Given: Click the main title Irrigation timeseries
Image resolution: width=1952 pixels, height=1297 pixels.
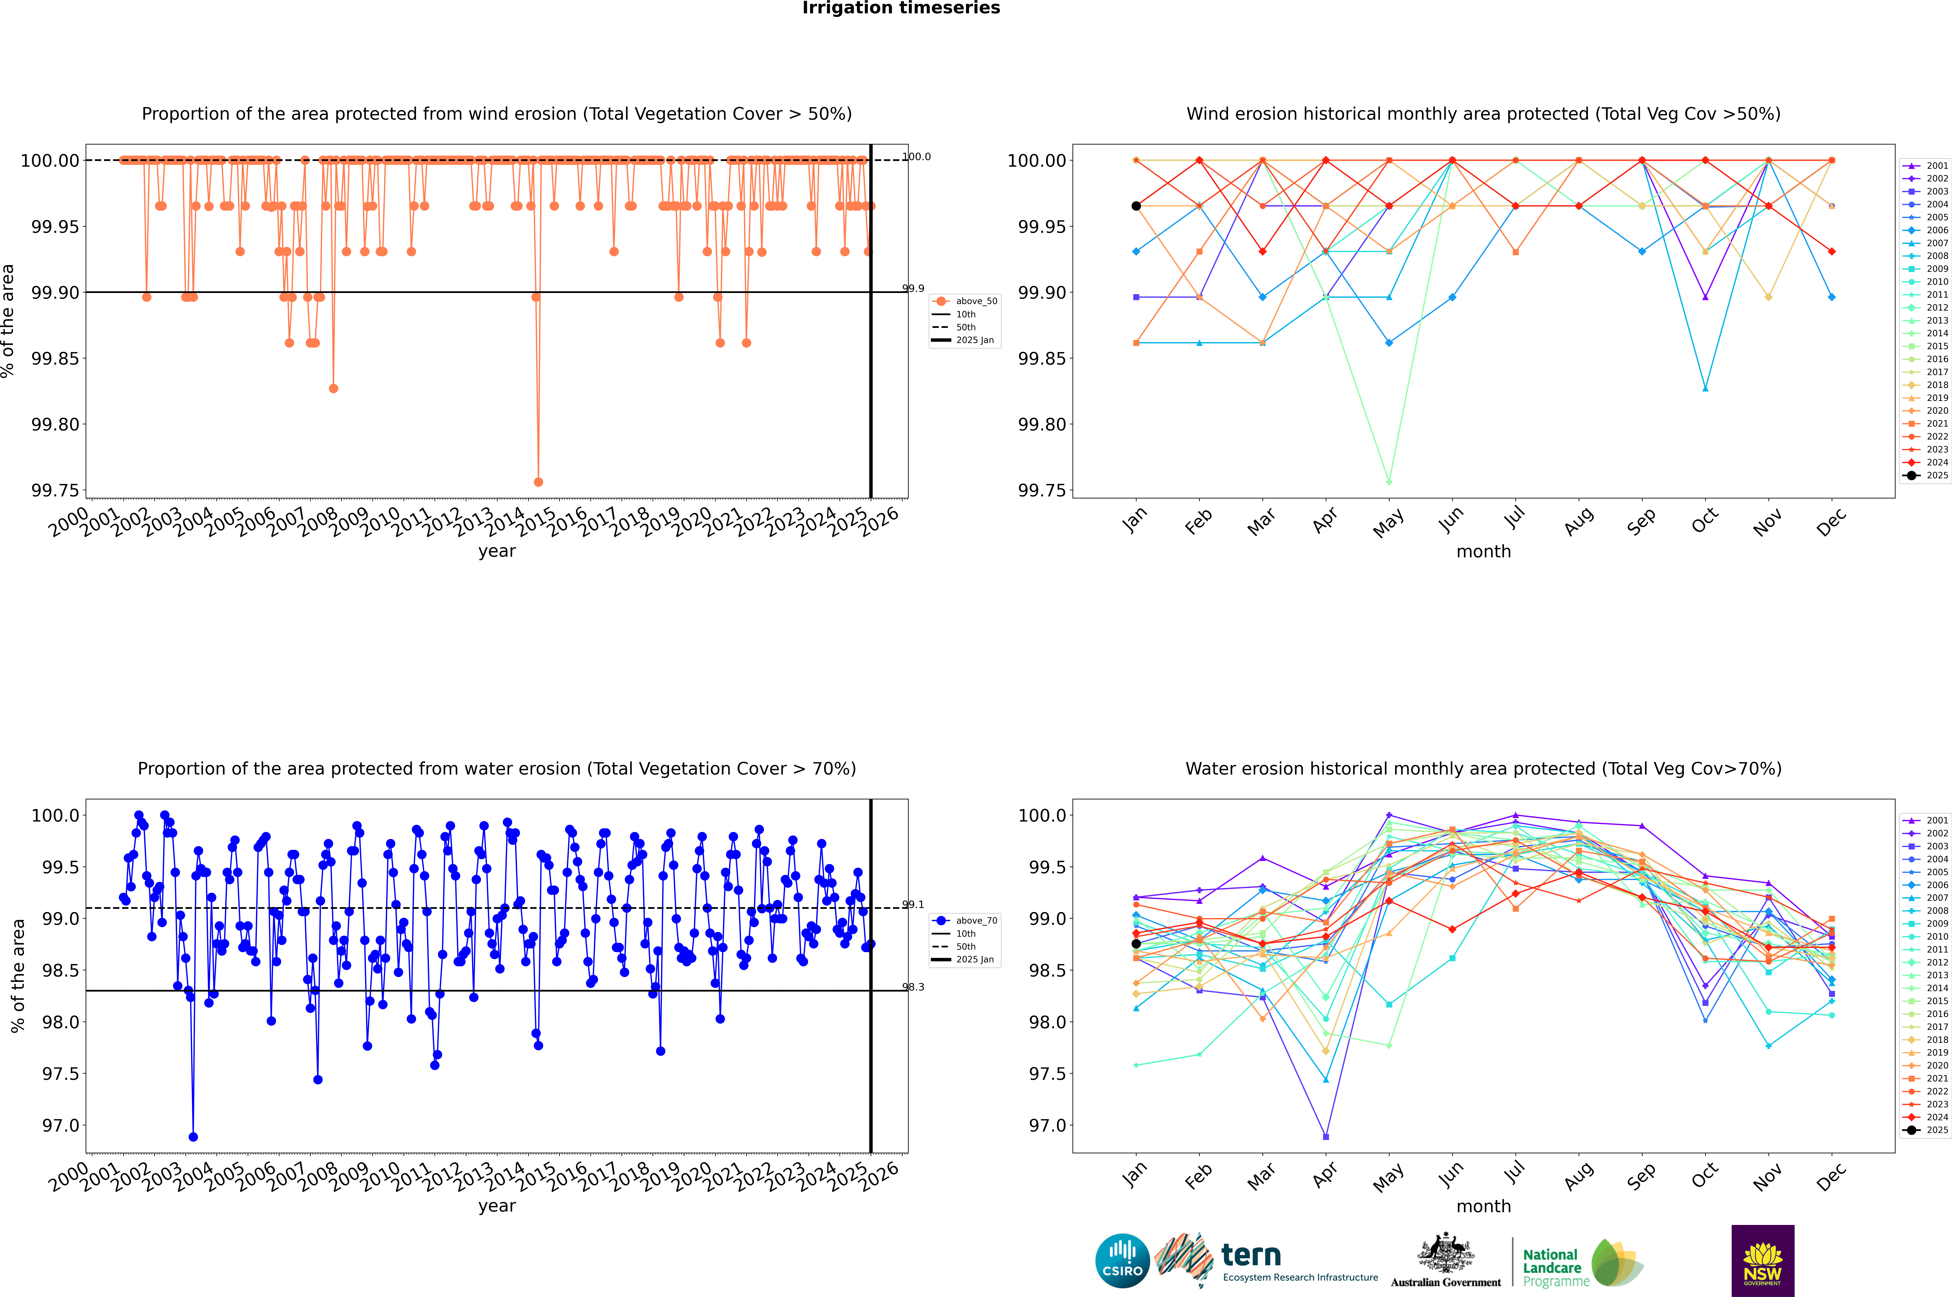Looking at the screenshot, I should pos(901,8).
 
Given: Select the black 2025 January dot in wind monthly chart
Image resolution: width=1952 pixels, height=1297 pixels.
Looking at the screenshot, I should pos(1136,206).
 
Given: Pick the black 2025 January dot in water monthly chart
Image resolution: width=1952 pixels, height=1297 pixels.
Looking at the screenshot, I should pos(1136,944).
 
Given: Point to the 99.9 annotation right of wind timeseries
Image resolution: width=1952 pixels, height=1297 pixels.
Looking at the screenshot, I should pos(914,289).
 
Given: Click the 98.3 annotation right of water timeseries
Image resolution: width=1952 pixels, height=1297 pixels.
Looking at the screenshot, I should pos(914,987).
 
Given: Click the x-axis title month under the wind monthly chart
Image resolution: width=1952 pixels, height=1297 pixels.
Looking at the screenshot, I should pos(1484,552).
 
